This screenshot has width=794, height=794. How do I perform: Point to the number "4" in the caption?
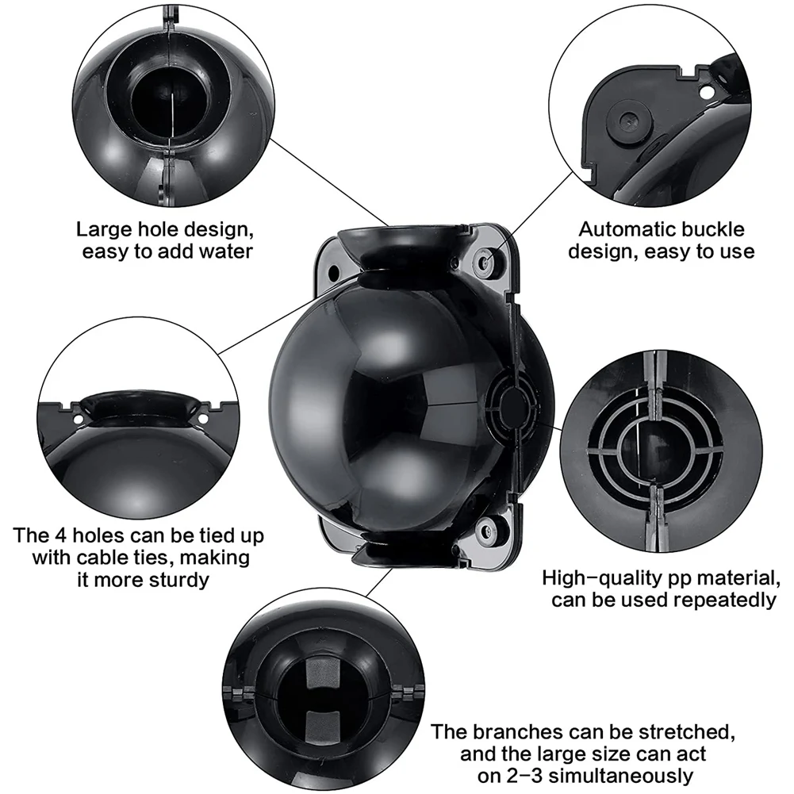(x=66, y=535)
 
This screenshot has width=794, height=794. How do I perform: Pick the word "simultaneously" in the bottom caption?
(x=621, y=776)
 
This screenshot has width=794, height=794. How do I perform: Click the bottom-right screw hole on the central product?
(x=486, y=531)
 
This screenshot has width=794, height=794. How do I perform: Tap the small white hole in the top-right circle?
(x=705, y=93)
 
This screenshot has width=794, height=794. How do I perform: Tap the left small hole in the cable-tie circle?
(x=78, y=420)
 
